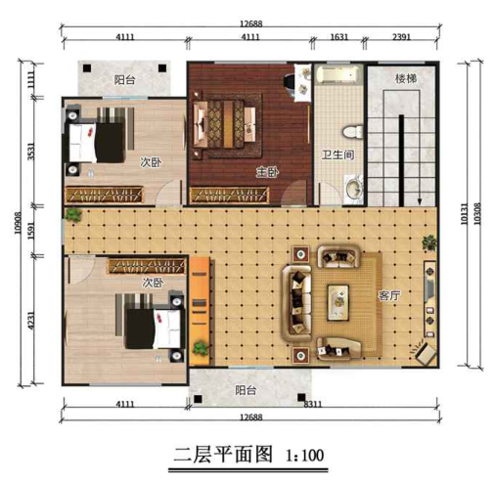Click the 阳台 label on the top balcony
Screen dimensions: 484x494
pos(124,80)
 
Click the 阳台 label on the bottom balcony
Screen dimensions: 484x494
pos(247,389)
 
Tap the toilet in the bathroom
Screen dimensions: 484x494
pos(349,130)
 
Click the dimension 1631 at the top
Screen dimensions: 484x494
pos(337,38)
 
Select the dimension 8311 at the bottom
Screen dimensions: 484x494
pos(313,403)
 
